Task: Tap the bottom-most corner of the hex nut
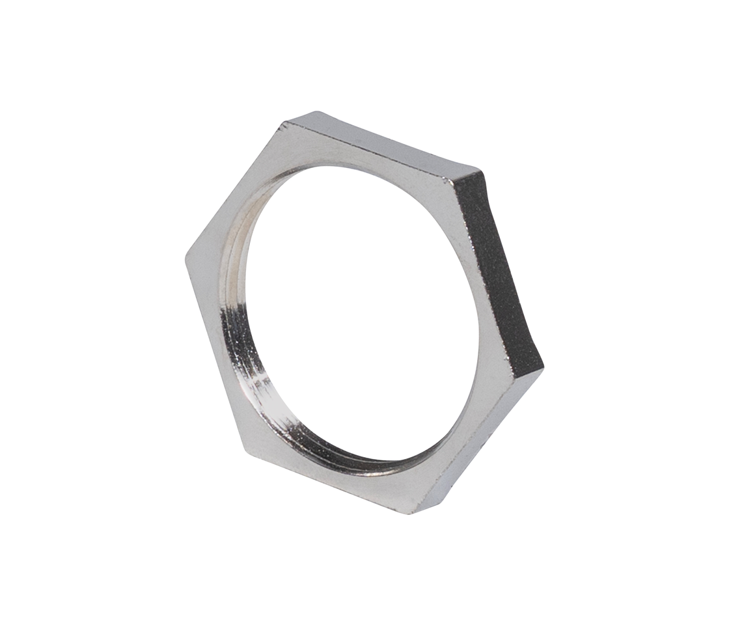point(411,512)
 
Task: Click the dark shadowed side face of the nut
point(498,273)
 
